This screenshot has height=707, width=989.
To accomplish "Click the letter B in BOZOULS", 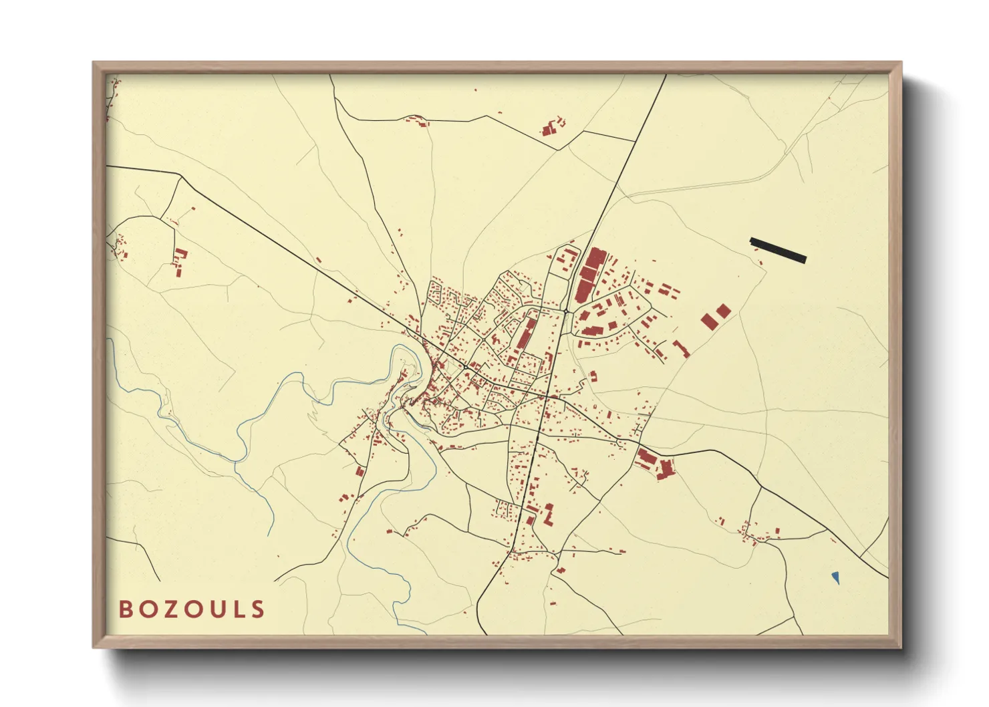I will [x=125, y=609].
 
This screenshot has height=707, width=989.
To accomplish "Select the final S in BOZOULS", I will [x=259, y=609].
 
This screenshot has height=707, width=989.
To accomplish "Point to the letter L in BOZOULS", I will [x=238, y=609].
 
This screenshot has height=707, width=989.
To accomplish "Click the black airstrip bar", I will [x=778, y=251].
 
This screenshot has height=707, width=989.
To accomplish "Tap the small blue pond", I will [x=835, y=577].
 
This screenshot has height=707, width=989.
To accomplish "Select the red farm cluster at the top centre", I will [x=552, y=126].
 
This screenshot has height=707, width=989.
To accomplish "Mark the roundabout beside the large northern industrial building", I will [x=566, y=311].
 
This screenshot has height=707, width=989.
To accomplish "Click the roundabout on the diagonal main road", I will [x=465, y=367].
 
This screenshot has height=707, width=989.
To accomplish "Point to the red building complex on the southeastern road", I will [x=655, y=463].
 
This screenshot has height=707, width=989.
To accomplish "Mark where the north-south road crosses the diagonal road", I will [x=547, y=397].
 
